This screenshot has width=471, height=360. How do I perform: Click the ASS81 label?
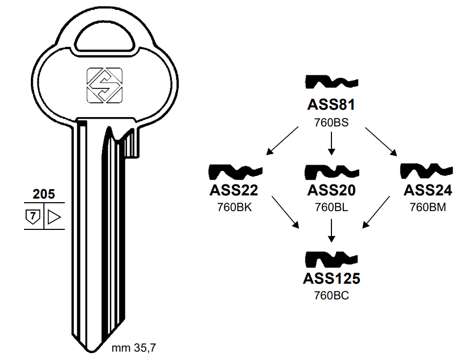(x=331, y=105)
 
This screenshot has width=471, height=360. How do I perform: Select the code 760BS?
(x=331, y=123)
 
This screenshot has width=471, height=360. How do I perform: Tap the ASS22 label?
(x=234, y=190)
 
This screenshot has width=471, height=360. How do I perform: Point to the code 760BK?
(x=234, y=207)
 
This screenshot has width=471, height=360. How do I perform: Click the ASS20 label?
(x=331, y=190)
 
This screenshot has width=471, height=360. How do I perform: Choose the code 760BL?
(x=331, y=207)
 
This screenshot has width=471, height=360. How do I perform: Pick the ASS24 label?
(x=428, y=190)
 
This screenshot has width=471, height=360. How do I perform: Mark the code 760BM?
(x=428, y=207)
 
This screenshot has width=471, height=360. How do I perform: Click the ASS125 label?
(x=331, y=278)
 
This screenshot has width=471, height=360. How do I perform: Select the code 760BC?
(x=331, y=296)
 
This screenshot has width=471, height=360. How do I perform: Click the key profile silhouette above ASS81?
(x=331, y=82)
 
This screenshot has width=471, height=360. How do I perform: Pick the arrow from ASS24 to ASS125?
(x=376, y=213)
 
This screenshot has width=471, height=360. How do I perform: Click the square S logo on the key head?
(x=104, y=85)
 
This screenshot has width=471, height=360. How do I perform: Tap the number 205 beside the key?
(x=43, y=194)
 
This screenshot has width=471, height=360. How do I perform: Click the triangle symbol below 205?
(x=54, y=216)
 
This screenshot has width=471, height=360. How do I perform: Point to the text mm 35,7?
(x=134, y=347)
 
